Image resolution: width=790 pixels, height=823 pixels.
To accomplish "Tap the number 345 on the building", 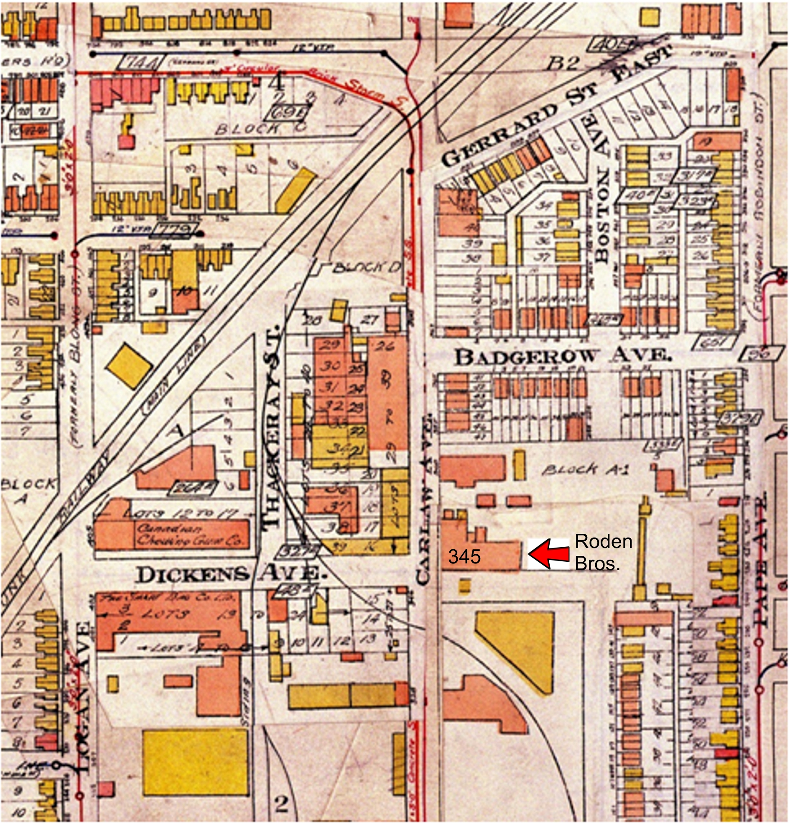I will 464,557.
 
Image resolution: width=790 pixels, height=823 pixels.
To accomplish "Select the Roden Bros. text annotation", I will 603,553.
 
